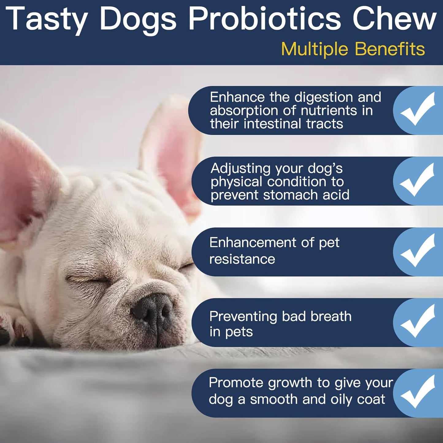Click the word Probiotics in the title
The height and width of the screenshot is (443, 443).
tap(264, 19)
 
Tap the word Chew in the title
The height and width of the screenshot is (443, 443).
tap(394, 19)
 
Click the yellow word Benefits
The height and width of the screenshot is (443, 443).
tap(390, 49)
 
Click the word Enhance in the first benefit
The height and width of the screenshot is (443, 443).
tap(237, 97)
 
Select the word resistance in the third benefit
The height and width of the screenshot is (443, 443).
tap(242, 259)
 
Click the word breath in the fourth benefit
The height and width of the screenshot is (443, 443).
tap(331, 316)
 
